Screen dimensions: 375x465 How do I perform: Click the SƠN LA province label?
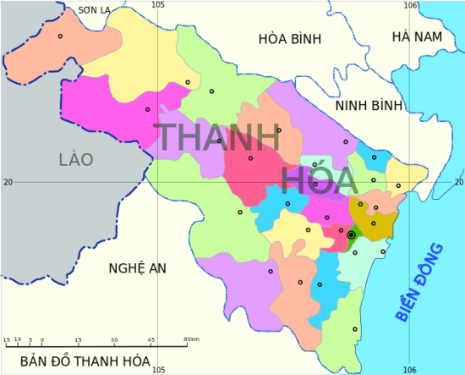[x=94, y=10]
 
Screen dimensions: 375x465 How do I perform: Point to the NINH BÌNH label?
[x=369, y=106]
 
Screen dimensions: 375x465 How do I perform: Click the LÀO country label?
[x=76, y=159]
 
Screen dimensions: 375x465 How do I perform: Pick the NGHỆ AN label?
[x=137, y=268]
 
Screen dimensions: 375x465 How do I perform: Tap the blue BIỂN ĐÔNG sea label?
[x=420, y=280]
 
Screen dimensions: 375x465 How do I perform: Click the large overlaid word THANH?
[x=217, y=139]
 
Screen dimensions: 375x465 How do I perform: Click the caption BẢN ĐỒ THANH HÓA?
[x=85, y=361]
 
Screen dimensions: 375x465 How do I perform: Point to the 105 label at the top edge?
[x=157, y=6]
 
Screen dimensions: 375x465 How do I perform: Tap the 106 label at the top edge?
[x=410, y=6]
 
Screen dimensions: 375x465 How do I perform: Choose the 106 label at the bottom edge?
[x=410, y=369]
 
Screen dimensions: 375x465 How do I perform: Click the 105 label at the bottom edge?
[x=157, y=369]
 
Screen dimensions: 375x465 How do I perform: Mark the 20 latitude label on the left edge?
[x=8, y=182]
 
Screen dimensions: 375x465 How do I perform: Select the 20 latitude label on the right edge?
[x=458, y=182]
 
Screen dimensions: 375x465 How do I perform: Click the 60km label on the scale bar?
[x=191, y=340]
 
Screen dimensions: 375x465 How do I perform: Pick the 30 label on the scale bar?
[x=114, y=340]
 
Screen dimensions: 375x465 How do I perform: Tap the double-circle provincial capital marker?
[x=351, y=234]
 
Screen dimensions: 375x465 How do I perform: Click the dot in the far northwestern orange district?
[x=60, y=36]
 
